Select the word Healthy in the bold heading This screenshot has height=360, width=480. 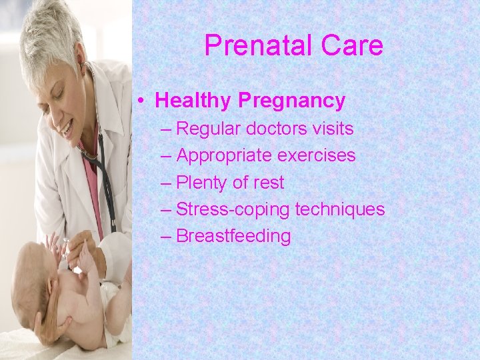(193, 101)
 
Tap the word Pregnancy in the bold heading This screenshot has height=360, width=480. (291, 101)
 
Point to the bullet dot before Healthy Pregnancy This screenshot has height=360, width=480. (143, 101)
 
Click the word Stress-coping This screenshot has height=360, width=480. (233, 209)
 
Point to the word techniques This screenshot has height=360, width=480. (340, 209)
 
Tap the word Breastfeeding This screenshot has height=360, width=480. (233, 236)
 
